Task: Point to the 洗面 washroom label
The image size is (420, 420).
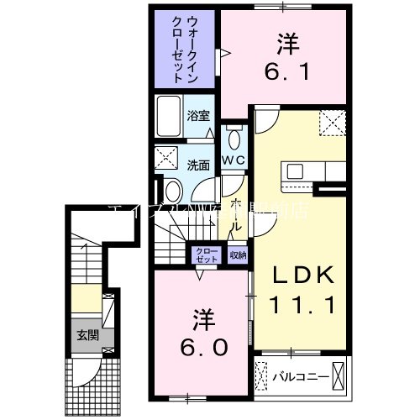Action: [198, 165]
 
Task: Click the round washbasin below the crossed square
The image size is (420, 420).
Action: [171, 187]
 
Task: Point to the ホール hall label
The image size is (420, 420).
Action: [237, 213]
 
